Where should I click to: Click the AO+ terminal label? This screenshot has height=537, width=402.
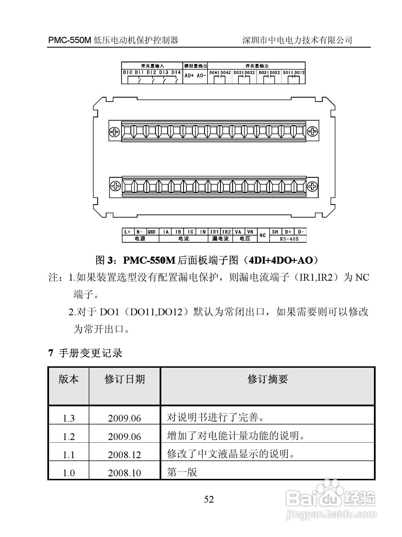[x=189, y=76]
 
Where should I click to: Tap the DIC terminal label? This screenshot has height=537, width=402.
[x=128, y=73]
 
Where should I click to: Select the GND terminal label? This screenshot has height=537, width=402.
[x=152, y=232]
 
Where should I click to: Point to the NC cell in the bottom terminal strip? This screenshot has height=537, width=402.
[x=263, y=235]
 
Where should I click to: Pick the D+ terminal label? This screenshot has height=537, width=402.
[x=288, y=232]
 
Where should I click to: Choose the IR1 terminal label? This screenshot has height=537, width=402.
[x=214, y=232]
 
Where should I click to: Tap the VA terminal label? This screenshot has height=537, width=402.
[x=238, y=232]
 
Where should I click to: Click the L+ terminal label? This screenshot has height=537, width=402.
[x=127, y=232]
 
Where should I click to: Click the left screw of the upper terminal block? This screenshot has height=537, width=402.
[x=115, y=132]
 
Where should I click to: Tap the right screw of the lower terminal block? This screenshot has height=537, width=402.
[x=312, y=187]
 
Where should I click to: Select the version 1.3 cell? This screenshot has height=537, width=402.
[x=68, y=418]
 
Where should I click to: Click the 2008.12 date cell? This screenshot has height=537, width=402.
[x=124, y=455]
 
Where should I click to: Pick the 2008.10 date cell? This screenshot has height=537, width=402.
[x=124, y=473]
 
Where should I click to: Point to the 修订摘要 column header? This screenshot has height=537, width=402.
[x=267, y=379]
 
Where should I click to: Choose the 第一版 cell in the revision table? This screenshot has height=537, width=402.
[x=182, y=472]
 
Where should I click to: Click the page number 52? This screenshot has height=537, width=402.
[x=209, y=499]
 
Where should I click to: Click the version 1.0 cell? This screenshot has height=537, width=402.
[x=68, y=473]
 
